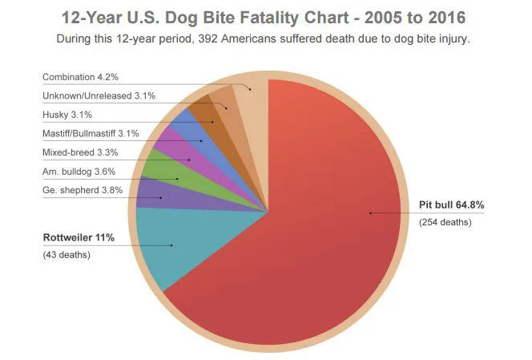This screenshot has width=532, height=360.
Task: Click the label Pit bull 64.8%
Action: pos(452,204)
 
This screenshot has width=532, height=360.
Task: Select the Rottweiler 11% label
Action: pos(78,238)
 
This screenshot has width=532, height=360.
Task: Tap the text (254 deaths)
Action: pos(445,222)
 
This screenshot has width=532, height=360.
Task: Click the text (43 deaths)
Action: pos(66,256)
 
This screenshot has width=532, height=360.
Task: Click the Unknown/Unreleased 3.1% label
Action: pos(99,96)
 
